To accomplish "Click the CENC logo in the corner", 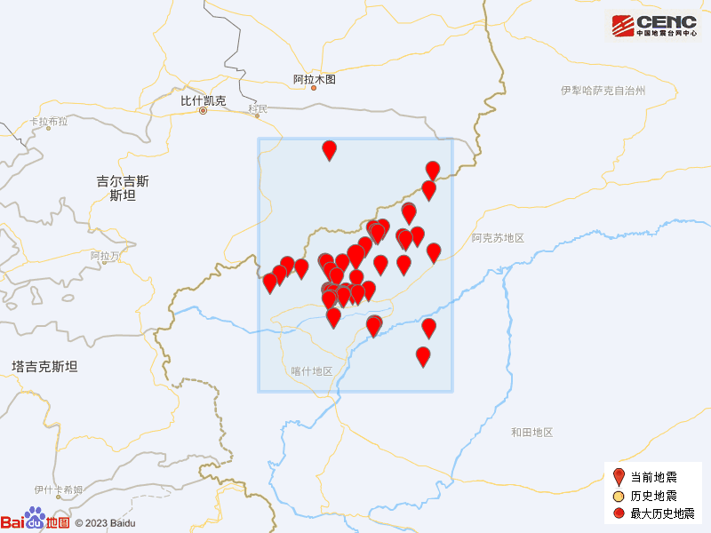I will point(653,26).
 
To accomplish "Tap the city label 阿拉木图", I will point(315,80).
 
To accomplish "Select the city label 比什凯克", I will point(204,100).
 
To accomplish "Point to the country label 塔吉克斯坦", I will point(44,366).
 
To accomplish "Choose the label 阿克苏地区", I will point(499,238).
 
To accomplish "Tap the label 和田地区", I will point(531,433).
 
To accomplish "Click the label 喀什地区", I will point(311,371).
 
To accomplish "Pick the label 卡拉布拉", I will point(48,122).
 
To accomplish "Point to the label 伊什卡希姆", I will point(59,489).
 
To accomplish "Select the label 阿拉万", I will point(105,256).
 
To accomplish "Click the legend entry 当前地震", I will point(653,478).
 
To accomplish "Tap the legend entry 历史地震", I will point(653,496).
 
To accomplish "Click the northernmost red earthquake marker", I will point(330,149).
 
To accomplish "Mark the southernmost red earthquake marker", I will point(423,355).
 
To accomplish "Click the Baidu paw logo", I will point(35,517).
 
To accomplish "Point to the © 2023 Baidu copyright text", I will point(105,523).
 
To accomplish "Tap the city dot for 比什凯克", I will point(204,111).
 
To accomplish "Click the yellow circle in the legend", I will point(619,496).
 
